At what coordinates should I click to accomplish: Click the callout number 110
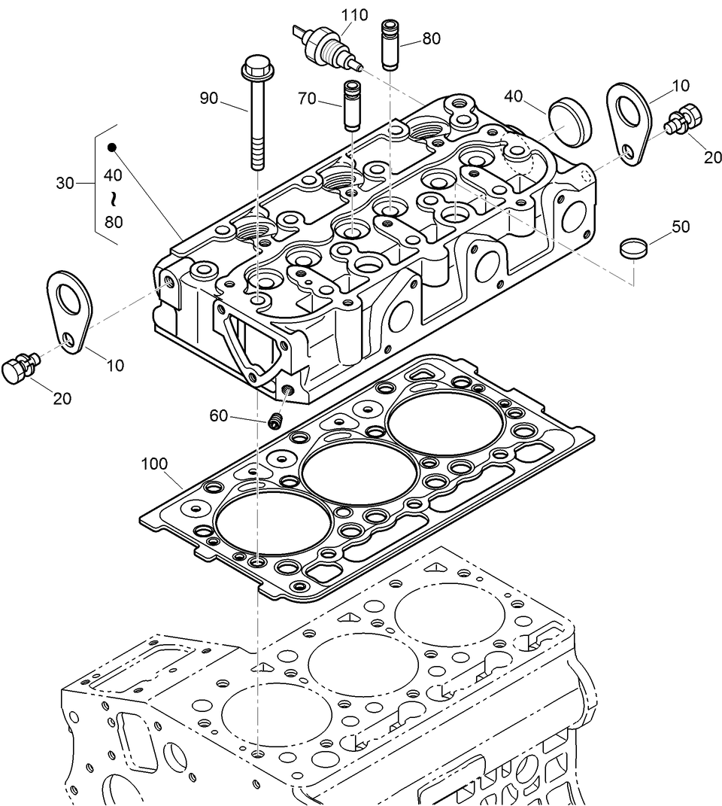pyautogui.click(x=354, y=14)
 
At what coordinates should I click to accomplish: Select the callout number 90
pyautogui.click(x=208, y=98)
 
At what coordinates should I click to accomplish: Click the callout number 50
pyautogui.click(x=681, y=227)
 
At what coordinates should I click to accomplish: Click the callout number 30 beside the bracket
pyautogui.click(x=65, y=182)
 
